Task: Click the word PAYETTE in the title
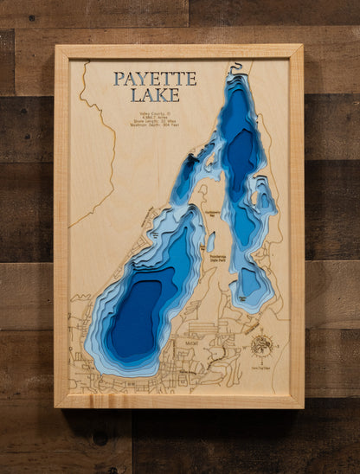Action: pyautogui.click(x=155, y=79)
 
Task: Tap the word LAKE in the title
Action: pyautogui.click(x=155, y=94)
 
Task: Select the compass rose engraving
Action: pyautogui.click(x=262, y=346)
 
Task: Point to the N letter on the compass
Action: pyautogui.click(x=262, y=335)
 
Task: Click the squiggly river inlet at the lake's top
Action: pyautogui.click(x=235, y=68)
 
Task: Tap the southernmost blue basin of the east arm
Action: pyautogui.click(x=250, y=281)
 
